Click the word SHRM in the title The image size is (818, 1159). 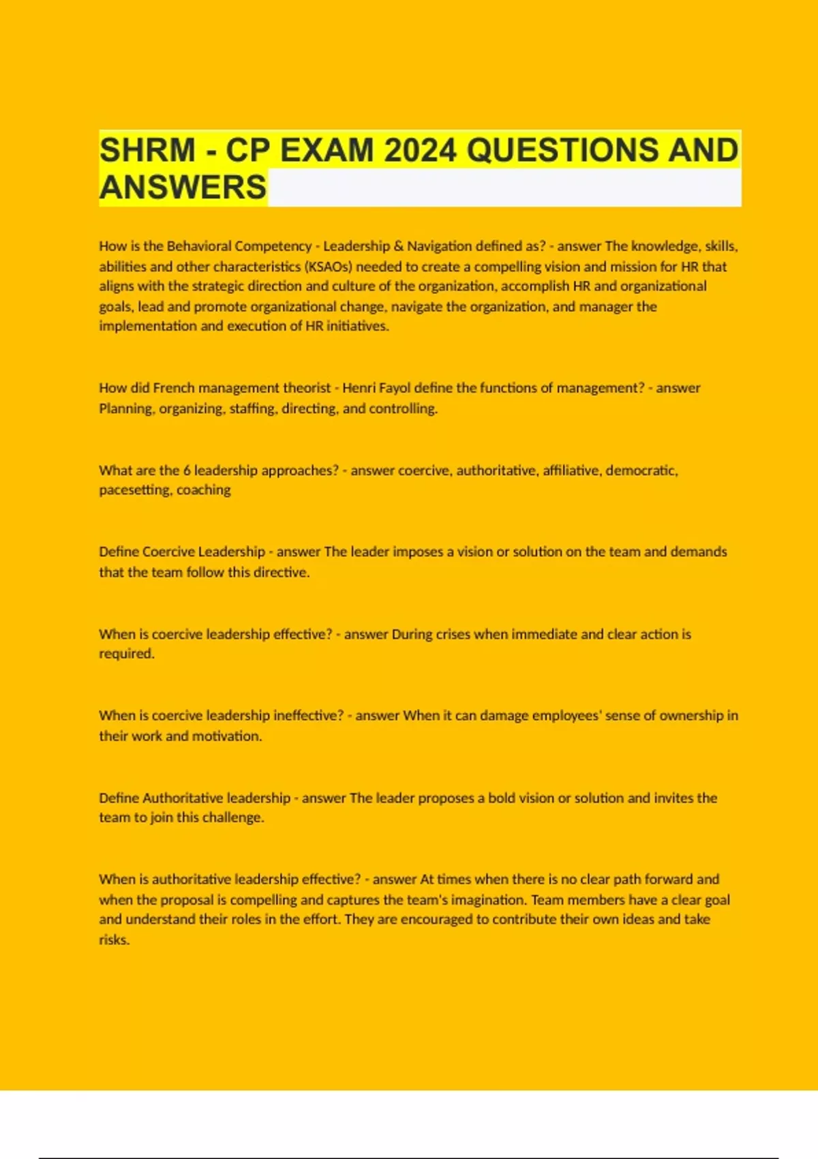[147, 150]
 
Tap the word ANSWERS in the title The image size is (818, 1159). [183, 187]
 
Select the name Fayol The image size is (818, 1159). [395, 388]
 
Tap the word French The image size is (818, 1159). [174, 388]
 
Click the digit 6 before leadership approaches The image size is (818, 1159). [187, 470]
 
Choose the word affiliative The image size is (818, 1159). [571, 470]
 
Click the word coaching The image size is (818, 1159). [204, 490]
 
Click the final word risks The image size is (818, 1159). [114, 940]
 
